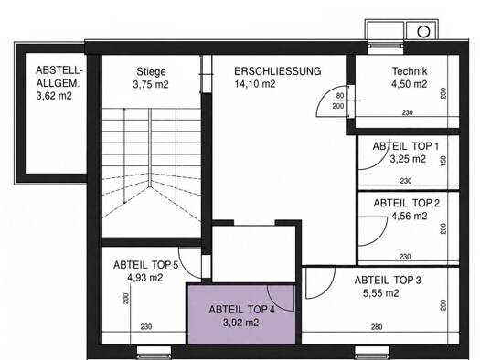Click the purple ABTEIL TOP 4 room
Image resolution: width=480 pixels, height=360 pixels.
[x=241, y=314]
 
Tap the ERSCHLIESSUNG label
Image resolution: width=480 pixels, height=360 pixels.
[x=278, y=71]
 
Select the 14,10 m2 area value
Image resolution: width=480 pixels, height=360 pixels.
[x=255, y=84]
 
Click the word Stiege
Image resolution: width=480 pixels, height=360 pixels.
[x=151, y=72]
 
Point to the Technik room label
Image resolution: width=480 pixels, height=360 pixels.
[x=410, y=71]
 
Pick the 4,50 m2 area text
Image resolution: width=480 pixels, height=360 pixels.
[x=410, y=84]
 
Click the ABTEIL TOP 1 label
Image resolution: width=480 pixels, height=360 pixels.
[x=406, y=146]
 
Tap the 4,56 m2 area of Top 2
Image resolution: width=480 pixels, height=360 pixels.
[x=410, y=216]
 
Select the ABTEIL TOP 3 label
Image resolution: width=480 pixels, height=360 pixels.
[x=388, y=280]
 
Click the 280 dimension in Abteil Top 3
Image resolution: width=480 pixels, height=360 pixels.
[x=377, y=327]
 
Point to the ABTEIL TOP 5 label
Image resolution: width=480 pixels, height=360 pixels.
[x=145, y=265]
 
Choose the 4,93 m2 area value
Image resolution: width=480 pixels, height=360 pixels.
[x=145, y=278]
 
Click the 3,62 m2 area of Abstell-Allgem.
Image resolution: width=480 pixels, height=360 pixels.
[x=54, y=96]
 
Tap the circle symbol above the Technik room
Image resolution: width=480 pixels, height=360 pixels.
[x=423, y=31]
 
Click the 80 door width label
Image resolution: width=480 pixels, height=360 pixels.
[x=340, y=96]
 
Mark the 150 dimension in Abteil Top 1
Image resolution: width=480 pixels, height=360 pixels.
[x=443, y=161]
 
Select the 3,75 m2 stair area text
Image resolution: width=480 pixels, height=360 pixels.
[x=151, y=84]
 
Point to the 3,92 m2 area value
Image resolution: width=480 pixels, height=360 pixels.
[x=241, y=323]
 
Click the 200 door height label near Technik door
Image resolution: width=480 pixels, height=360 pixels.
[x=338, y=106]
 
